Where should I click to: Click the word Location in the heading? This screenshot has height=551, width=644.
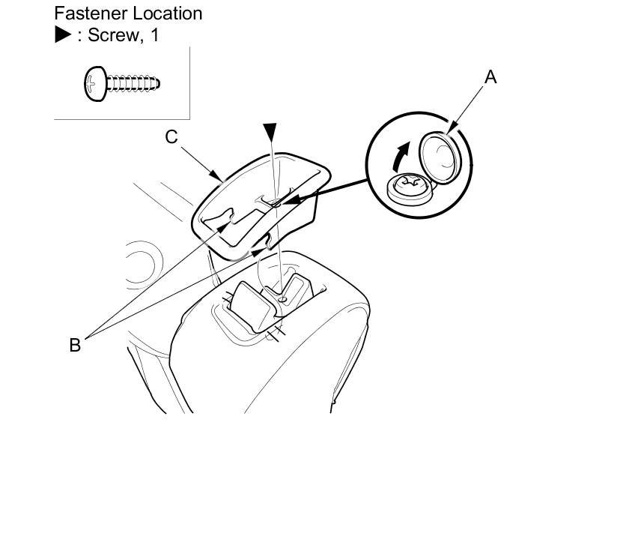click(165, 13)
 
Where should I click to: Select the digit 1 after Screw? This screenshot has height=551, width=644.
click(154, 35)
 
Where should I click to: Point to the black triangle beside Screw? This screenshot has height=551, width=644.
click(63, 35)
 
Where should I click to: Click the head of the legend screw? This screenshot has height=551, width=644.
click(94, 83)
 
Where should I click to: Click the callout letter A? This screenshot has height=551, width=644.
click(490, 76)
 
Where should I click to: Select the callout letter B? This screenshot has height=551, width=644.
click(75, 345)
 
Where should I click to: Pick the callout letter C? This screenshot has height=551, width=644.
click(171, 136)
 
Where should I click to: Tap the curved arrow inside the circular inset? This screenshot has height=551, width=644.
click(402, 155)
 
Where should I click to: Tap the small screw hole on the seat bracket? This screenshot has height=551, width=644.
click(283, 299)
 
